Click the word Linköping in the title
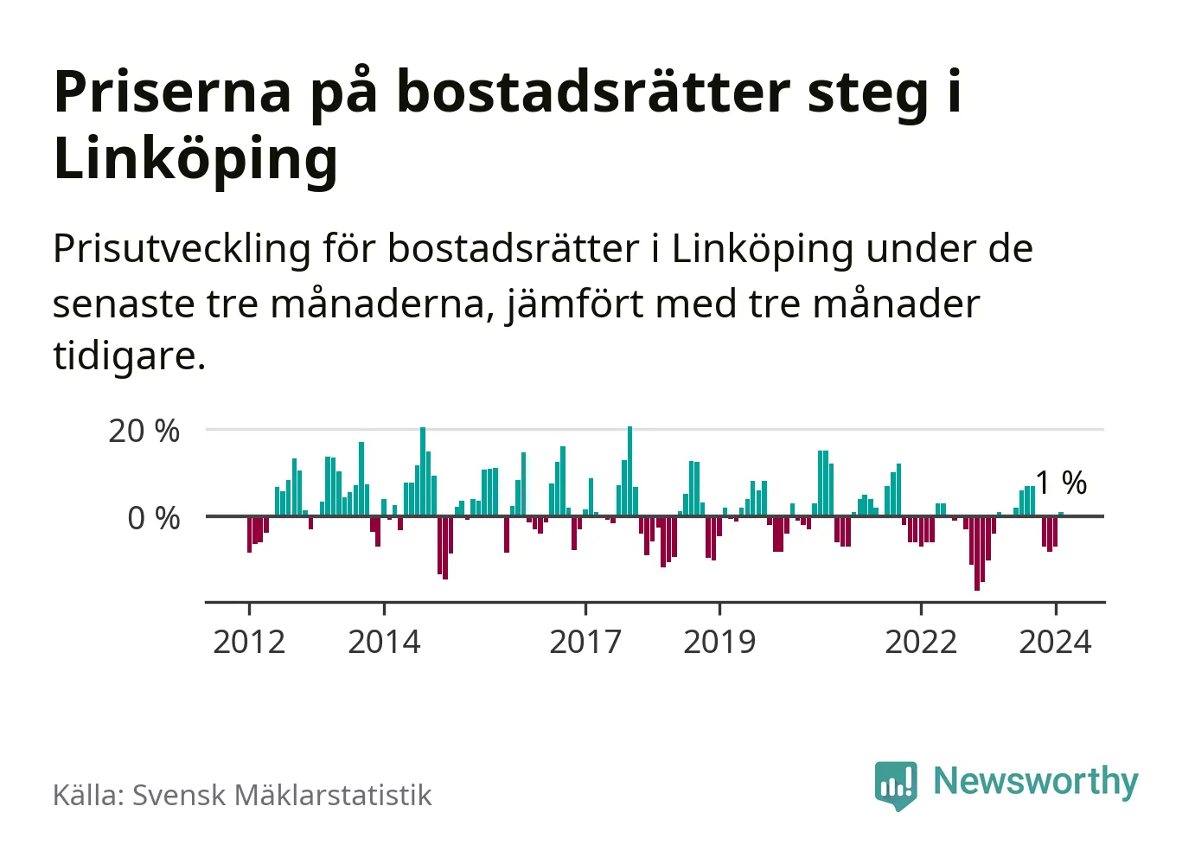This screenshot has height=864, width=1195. coord(195,160)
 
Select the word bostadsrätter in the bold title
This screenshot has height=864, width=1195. coord(593,92)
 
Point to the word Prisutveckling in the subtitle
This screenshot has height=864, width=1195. coord(182,249)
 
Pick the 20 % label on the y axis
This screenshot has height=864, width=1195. coord(144,431)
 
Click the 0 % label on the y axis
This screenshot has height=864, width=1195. coord(154,518)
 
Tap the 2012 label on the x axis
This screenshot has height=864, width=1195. coord(249,642)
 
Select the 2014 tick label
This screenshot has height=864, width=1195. coord(384,642)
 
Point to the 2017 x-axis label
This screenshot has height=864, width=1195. coord(585,642)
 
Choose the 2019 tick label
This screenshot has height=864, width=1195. coord(719,642)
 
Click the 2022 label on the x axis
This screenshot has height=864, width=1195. coord(921,642)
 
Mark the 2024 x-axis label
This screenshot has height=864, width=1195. coord(1055,642)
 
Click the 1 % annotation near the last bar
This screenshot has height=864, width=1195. coord(1061,483)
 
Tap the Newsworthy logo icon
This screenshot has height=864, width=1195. coord(896,784)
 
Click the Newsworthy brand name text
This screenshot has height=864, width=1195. coord(1036,781)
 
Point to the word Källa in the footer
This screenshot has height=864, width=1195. coord(87,796)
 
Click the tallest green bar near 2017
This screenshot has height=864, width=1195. coord(629,471)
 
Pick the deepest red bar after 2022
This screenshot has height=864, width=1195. coord(977,554)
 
